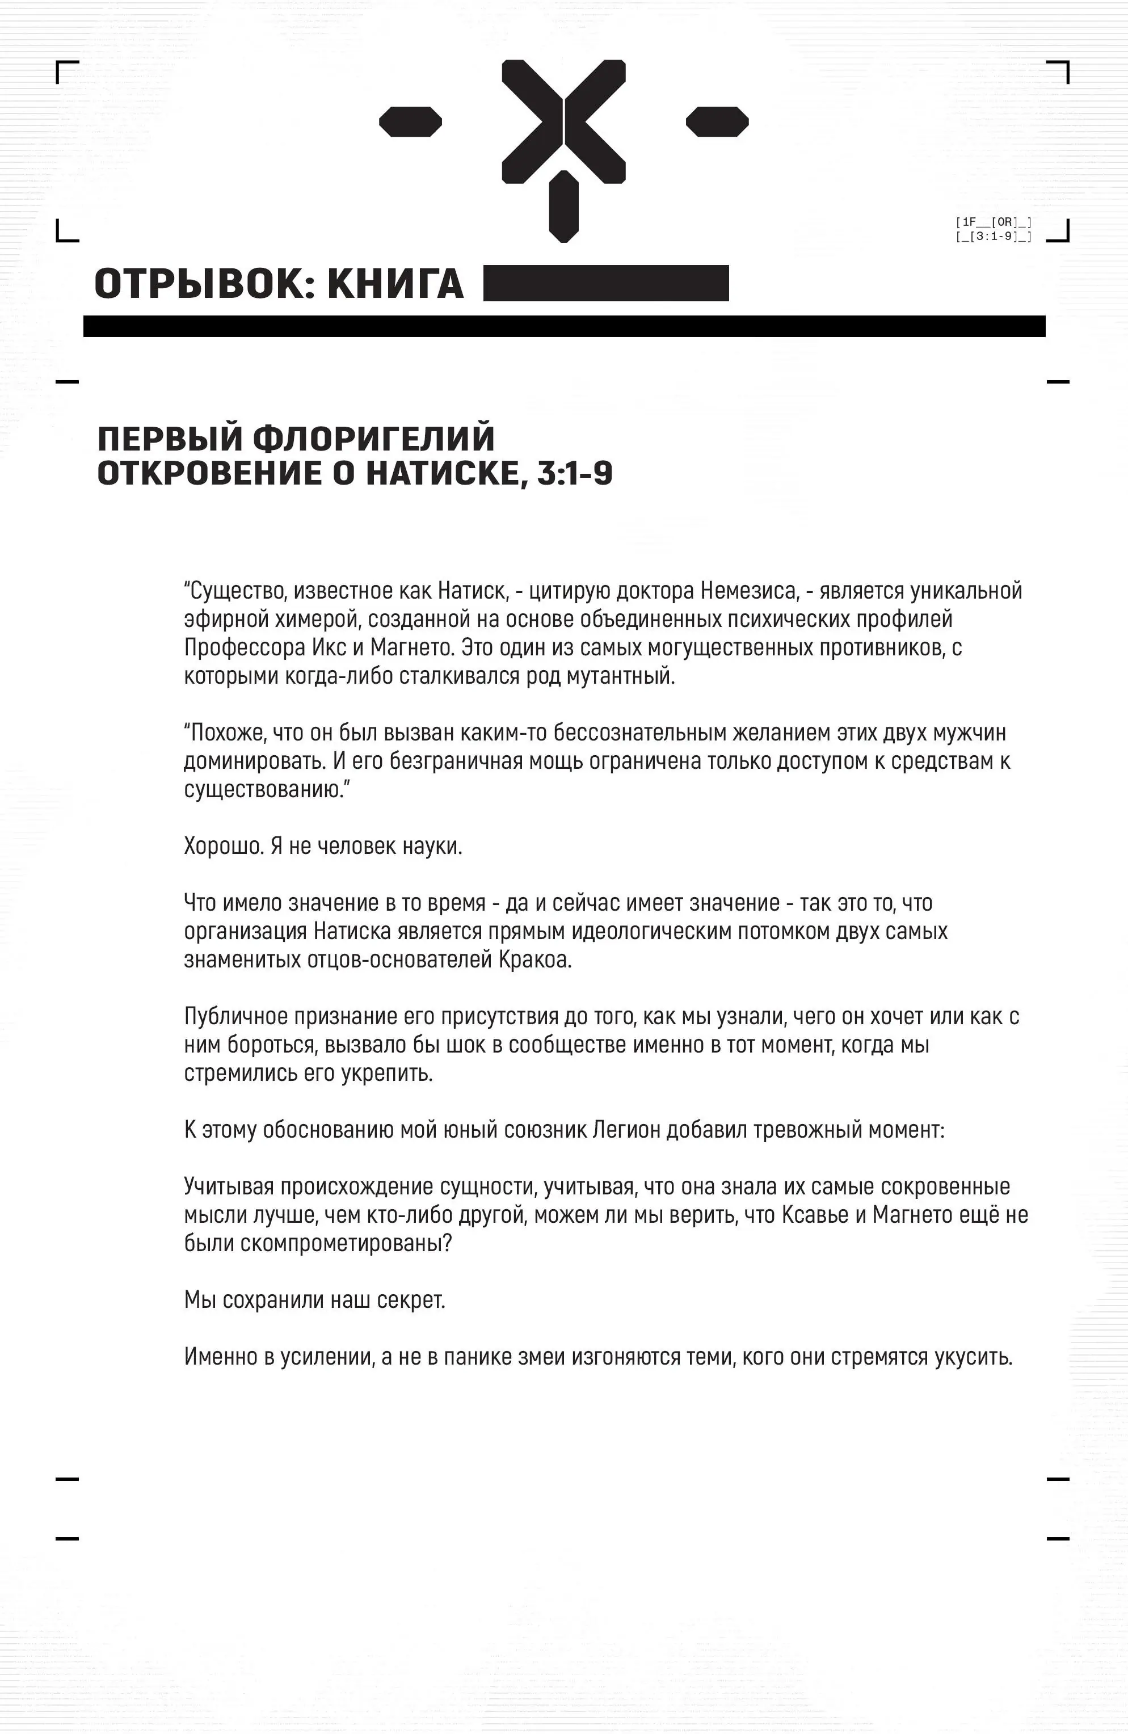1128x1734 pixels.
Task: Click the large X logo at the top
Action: point(563,121)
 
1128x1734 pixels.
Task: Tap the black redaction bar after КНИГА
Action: point(605,283)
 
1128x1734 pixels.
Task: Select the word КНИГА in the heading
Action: point(395,284)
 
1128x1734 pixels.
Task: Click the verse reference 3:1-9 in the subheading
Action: point(575,474)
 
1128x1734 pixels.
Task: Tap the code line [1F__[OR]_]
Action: point(993,222)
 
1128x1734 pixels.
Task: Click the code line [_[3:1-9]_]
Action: point(993,236)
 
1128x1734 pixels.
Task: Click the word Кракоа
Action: point(536,959)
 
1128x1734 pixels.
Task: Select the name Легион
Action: point(626,1130)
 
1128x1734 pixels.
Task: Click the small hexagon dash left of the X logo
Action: point(410,121)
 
